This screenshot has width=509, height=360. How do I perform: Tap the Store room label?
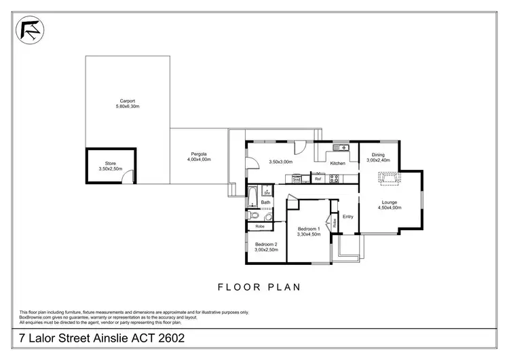pyautogui.click(x=107, y=163)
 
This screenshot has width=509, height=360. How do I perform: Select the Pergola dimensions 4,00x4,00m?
pyautogui.click(x=199, y=160)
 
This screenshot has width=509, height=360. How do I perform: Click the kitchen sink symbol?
pyautogui.click(x=341, y=147)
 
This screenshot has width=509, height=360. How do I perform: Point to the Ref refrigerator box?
pyautogui.click(x=318, y=179)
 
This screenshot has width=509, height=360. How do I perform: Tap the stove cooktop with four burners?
pyautogui.click(x=333, y=179)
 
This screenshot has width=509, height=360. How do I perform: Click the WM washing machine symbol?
pyautogui.click(x=297, y=179)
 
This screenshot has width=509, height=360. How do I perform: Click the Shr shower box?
pyautogui.click(x=267, y=192)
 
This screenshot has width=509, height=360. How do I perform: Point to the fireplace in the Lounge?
pyautogui.click(x=390, y=178)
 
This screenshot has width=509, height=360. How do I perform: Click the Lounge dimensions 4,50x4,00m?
pyautogui.click(x=390, y=208)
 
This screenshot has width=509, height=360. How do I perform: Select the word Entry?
pyautogui.click(x=348, y=217)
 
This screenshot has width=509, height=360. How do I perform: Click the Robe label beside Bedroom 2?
pyautogui.click(x=260, y=226)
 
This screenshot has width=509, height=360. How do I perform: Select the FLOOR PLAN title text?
pyautogui.click(x=259, y=287)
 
